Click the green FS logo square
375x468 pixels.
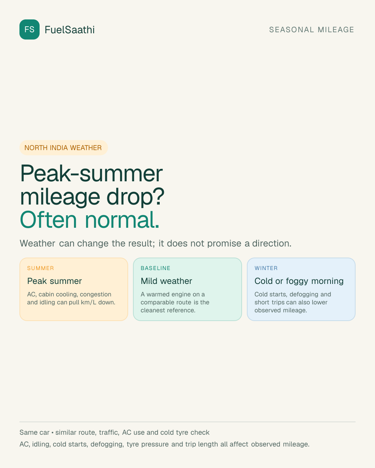pyautogui.click(x=30, y=29)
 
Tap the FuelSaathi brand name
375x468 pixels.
pyautogui.click(x=70, y=30)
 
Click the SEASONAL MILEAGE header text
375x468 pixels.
pyautogui.click(x=311, y=29)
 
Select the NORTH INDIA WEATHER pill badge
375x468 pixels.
pyautogui.click(x=64, y=148)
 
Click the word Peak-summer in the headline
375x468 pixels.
pyautogui.click(x=92, y=174)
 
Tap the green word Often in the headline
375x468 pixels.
pyautogui.click(x=48, y=220)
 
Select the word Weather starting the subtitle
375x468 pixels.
pyautogui.click(x=37, y=243)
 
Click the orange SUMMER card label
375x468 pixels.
pyautogui.click(x=41, y=268)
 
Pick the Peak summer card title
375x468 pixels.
pyautogui.click(x=55, y=281)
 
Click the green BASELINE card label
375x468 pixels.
pyautogui.click(x=156, y=268)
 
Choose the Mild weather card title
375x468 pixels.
pyautogui.click(x=166, y=281)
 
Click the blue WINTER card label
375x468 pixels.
pyautogui.click(x=266, y=268)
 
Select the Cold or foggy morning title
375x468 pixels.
pyautogui.click(x=299, y=281)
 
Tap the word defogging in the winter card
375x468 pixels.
pyautogui.click(x=304, y=295)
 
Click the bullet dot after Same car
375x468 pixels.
pyautogui.click(x=52, y=433)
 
